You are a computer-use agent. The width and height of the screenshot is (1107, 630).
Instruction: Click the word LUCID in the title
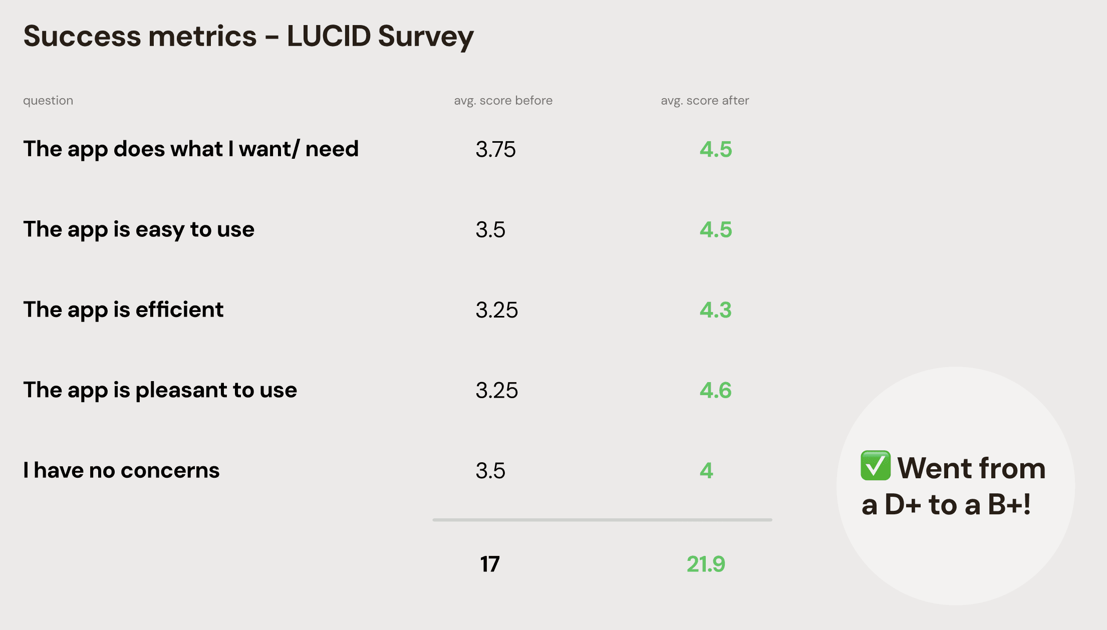pyautogui.click(x=329, y=36)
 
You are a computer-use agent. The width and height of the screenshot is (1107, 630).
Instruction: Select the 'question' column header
pyautogui.click(x=48, y=101)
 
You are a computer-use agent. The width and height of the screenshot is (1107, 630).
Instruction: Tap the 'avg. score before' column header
pyautogui.click(x=503, y=101)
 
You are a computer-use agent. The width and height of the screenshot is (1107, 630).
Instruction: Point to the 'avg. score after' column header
pyautogui.click(x=705, y=101)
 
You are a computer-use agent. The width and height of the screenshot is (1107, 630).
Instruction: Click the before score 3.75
pyautogui.click(x=495, y=149)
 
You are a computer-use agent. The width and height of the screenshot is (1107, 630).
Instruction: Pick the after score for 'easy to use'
pyautogui.click(x=716, y=230)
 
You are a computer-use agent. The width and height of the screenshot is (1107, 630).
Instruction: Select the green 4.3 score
pyautogui.click(x=715, y=310)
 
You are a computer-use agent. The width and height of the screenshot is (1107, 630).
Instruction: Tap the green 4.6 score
pyautogui.click(x=715, y=390)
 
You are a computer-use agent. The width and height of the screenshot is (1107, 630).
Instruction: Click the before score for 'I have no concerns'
pyautogui.click(x=490, y=471)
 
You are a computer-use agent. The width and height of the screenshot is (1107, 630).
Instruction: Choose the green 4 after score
pyautogui.click(x=706, y=471)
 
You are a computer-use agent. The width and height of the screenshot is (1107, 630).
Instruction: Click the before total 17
pyautogui.click(x=490, y=564)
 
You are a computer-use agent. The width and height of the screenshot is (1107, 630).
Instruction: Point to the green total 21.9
pyautogui.click(x=705, y=564)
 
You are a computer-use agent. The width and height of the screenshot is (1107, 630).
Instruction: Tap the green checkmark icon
pyautogui.click(x=876, y=466)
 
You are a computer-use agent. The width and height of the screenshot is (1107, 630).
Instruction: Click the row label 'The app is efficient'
pyautogui.click(x=123, y=310)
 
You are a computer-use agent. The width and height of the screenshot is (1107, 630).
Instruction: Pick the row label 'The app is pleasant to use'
pyautogui.click(x=160, y=390)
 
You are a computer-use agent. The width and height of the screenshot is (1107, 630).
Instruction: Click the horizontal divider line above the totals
pyautogui.click(x=602, y=520)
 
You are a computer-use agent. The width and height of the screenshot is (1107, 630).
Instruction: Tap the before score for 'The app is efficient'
pyautogui.click(x=496, y=310)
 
